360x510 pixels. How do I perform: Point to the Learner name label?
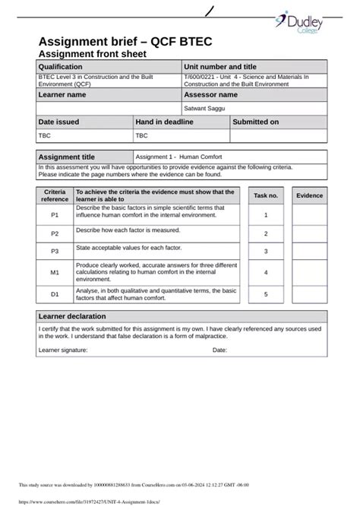tap(62, 95)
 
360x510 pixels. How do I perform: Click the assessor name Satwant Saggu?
tap(204, 109)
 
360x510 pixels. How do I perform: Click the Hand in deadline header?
tap(164, 122)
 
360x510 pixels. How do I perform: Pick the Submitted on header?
tap(255, 122)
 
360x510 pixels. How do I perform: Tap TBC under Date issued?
tap(45, 136)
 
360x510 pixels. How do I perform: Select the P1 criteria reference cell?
tap(55, 215)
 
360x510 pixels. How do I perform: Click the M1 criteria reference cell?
tap(55, 271)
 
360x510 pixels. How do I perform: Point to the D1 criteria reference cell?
tap(55, 293)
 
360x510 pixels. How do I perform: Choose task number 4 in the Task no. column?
tap(266, 271)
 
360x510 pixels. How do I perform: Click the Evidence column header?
tap(309, 195)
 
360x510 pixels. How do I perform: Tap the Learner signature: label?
tap(63, 350)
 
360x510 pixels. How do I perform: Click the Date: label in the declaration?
tap(219, 350)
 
